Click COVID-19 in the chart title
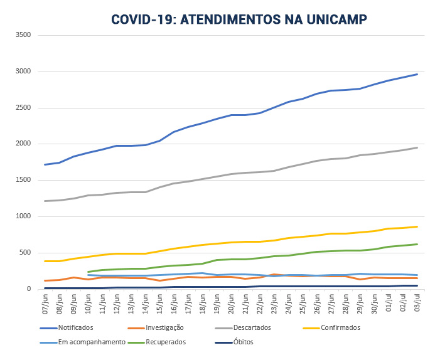click(x=143, y=19)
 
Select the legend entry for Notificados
click(x=75, y=327)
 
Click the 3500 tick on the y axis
click(x=23, y=35)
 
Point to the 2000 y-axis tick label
click(x=23, y=144)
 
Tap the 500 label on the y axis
click(x=25, y=253)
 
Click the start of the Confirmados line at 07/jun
click(x=45, y=261)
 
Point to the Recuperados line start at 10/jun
click(x=88, y=272)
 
